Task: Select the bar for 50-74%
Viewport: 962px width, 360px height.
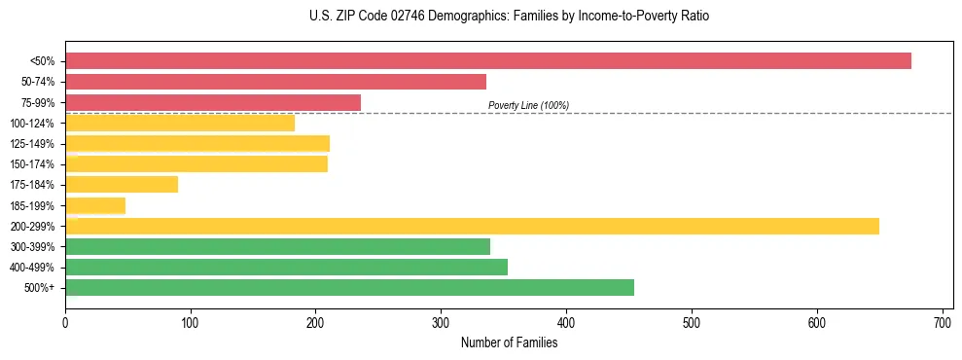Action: click(x=275, y=82)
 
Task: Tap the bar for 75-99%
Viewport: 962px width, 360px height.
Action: click(x=213, y=102)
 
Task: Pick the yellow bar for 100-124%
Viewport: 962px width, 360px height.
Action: click(x=180, y=123)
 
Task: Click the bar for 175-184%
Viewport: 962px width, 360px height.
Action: click(x=122, y=184)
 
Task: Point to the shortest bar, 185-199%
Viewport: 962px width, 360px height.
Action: click(x=95, y=205)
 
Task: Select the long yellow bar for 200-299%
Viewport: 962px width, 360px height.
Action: click(x=472, y=226)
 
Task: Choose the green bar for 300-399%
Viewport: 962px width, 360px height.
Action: click(x=277, y=246)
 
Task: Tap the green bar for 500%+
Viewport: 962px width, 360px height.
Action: click(x=349, y=287)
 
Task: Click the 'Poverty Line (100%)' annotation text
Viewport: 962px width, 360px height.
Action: click(x=528, y=105)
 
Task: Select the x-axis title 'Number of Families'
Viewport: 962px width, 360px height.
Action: click(x=509, y=342)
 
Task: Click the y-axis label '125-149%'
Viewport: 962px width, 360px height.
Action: click(x=32, y=144)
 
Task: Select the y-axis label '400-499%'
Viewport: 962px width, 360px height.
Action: click(x=32, y=268)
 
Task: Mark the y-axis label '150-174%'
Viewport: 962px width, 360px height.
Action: click(x=32, y=164)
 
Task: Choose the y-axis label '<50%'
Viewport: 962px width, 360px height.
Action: click(x=42, y=61)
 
